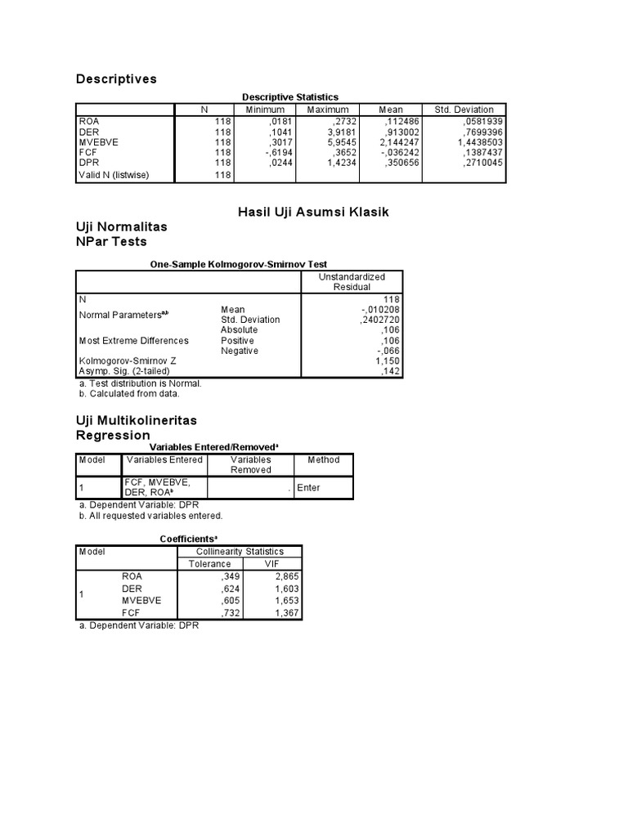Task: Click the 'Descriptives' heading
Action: point(116,79)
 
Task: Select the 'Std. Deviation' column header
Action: point(464,110)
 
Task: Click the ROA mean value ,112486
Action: point(400,121)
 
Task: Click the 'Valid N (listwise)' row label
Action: point(114,175)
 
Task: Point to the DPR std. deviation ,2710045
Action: point(482,163)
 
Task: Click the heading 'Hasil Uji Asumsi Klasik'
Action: point(313,212)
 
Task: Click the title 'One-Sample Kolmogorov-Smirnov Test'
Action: point(238,265)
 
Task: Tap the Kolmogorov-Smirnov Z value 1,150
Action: point(388,360)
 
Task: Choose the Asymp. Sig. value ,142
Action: point(392,371)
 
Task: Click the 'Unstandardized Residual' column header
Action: point(352,281)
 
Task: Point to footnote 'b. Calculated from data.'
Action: point(128,393)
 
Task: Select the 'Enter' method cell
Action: point(309,487)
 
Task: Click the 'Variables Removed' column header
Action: point(250,464)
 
